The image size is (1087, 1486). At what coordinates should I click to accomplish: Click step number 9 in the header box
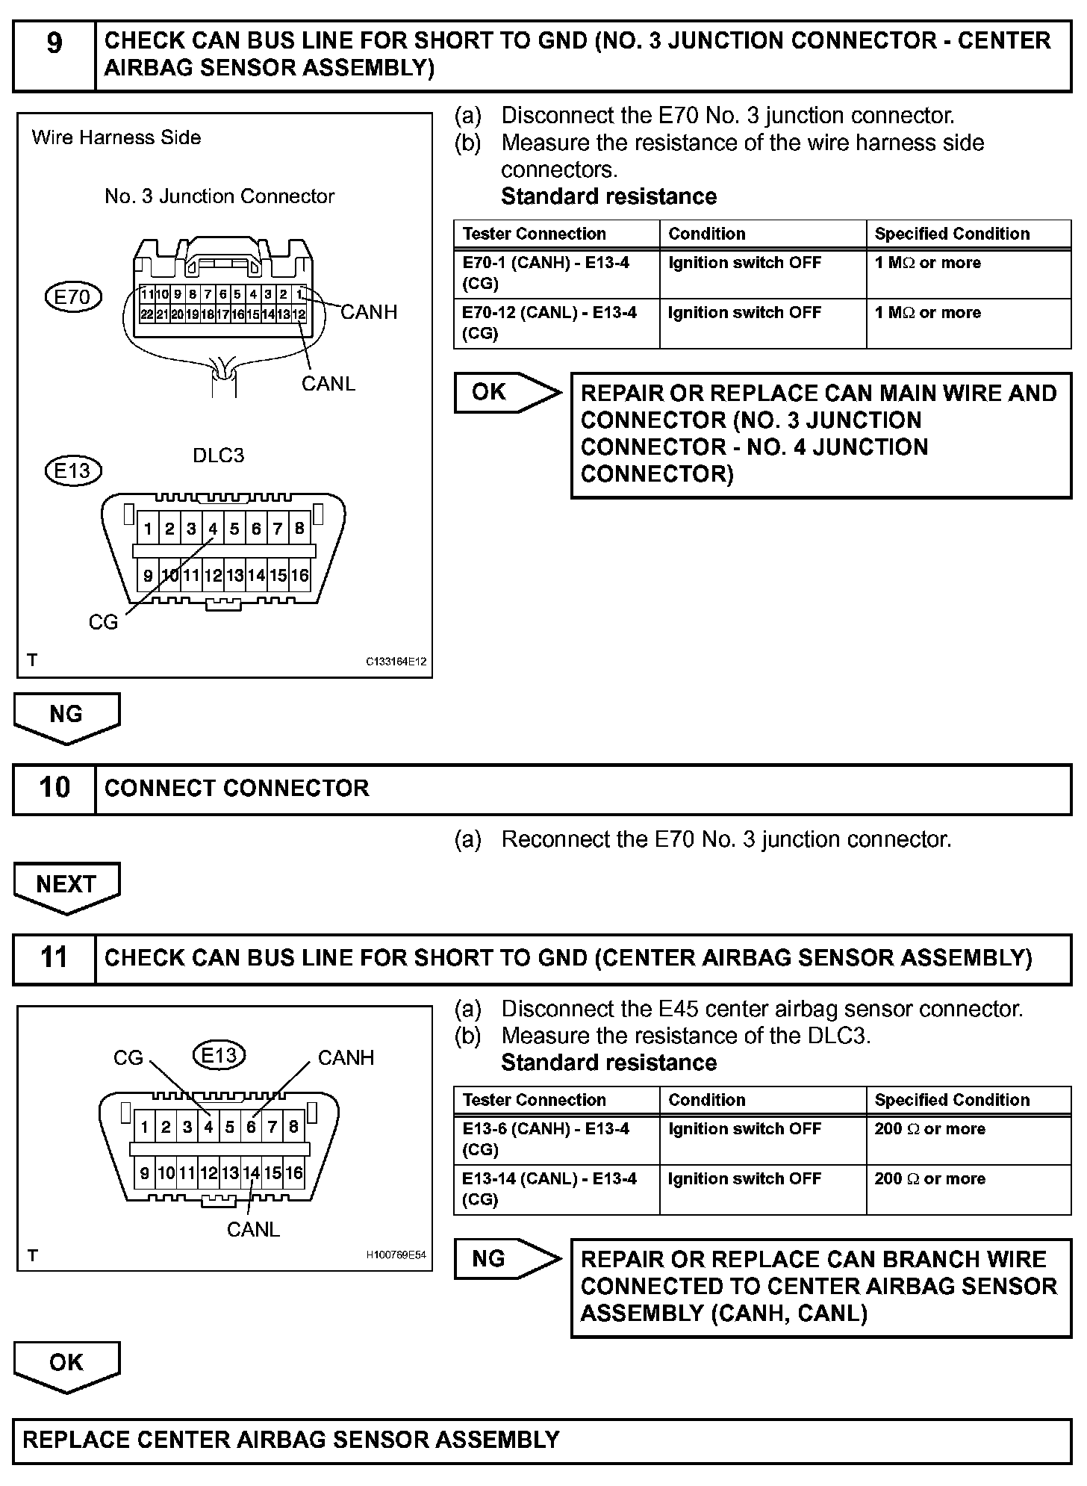pyautogui.click(x=54, y=43)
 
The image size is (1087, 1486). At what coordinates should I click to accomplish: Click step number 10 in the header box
pyautogui.click(x=54, y=787)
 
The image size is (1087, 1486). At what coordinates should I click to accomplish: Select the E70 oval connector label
pyautogui.click(x=72, y=297)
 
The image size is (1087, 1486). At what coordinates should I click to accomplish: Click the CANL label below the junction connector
pyautogui.click(x=328, y=383)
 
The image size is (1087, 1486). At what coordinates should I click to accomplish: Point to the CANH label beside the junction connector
pyautogui.click(x=369, y=312)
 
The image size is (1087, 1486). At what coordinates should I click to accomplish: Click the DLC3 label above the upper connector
pyautogui.click(x=218, y=456)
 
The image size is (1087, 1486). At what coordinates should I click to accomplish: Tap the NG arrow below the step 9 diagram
pyautogui.click(x=66, y=716)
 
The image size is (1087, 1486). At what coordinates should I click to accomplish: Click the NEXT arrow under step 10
pyautogui.click(x=66, y=886)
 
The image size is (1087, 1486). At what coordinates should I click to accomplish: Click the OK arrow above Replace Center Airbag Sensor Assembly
pyautogui.click(x=66, y=1364)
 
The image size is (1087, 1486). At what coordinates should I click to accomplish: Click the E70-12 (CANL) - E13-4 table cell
pyautogui.click(x=556, y=323)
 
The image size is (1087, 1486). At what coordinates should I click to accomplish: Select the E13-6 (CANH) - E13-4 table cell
pyautogui.click(x=556, y=1139)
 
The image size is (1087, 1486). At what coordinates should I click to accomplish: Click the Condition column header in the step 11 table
pyautogui.click(x=707, y=1100)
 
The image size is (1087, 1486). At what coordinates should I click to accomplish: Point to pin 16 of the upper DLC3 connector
pyautogui.click(x=299, y=576)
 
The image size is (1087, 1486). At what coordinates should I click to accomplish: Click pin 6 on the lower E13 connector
pyautogui.click(x=252, y=1127)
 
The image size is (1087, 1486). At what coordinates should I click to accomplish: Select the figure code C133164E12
pyautogui.click(x=396, y=662)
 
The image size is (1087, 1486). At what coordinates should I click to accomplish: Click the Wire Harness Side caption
pyautogui.click(x=116, y=137)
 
